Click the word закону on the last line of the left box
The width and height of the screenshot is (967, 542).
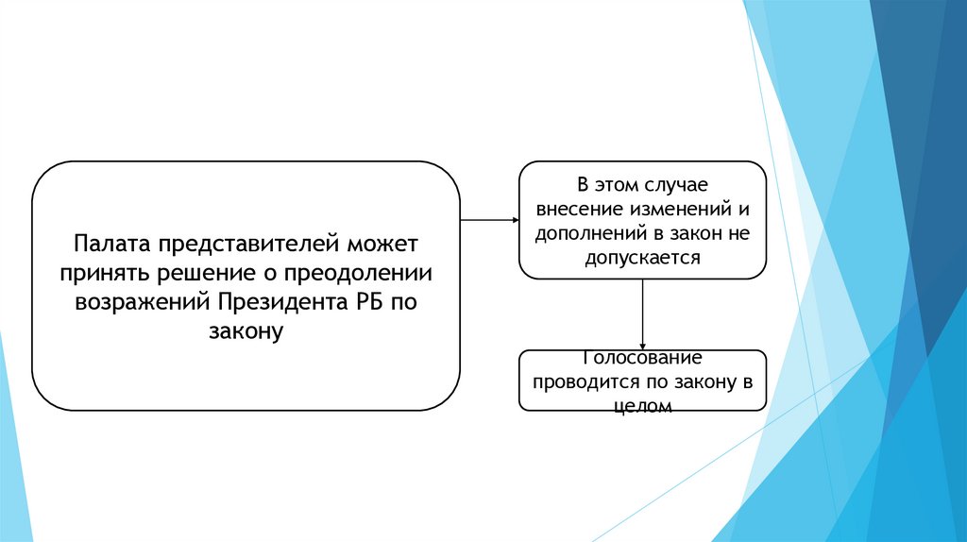click(246, 332)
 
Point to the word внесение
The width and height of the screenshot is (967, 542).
click(578, 208)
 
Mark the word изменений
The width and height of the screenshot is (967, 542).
click(676, 208)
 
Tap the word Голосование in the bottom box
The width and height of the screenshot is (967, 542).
click(642, 359)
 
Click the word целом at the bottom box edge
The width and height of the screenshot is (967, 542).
click(642, 406)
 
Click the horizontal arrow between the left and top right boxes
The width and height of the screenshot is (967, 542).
click(489, 220)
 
